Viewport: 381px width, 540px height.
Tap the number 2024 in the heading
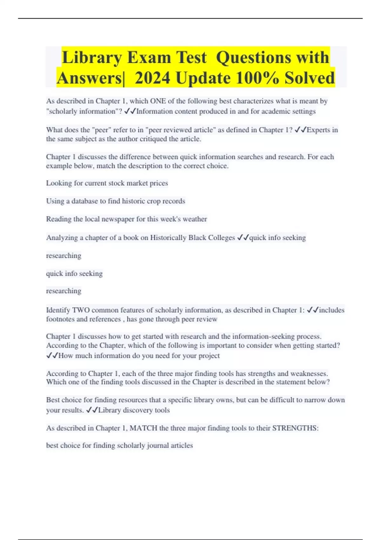[x=152, y=78]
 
